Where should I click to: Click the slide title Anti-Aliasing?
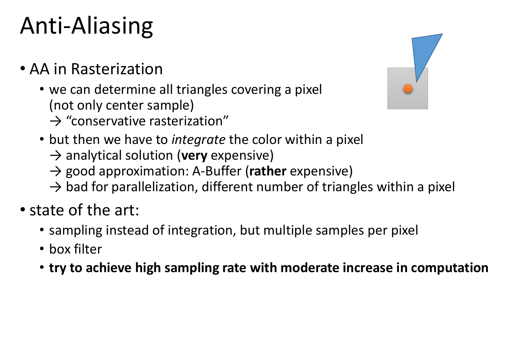tap(86, 26)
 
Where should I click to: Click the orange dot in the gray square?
tap(408, 89)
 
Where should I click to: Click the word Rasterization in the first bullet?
tap(117, 69)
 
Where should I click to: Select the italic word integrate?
tap(198, 140)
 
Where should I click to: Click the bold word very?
tap(194, 156)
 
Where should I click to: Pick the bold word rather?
tap(268, 171)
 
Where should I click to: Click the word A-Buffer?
tap(217, 171)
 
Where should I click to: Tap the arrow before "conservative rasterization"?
tap(56, 122)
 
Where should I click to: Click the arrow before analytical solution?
tap(56, 156)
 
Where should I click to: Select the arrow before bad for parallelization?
tap(56, 187)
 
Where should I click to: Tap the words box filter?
tap(76, 249)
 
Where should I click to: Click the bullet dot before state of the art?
tap(23, 209)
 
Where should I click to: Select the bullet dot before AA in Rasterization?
tap(23, 69)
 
